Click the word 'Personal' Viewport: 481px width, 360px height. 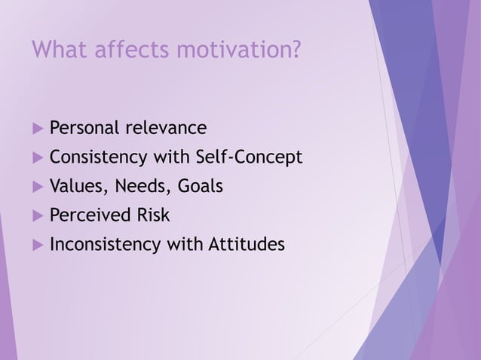[x=84, y=128]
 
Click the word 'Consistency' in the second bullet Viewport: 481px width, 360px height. [x=100, y=157]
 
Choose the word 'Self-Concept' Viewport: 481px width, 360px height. [x=249, y=157]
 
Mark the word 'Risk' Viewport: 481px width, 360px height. [x=153, y=215]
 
